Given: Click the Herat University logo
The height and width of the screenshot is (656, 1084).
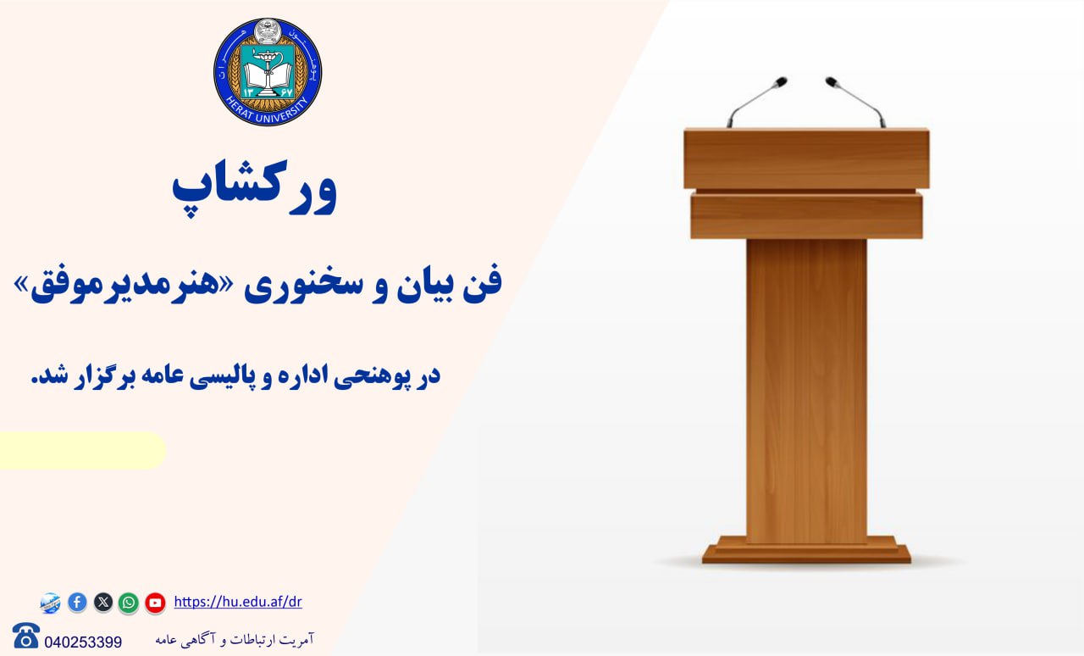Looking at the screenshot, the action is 268,72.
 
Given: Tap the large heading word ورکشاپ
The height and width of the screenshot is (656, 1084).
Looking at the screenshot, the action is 255,188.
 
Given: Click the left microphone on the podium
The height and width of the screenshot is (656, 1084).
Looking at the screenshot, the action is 756,102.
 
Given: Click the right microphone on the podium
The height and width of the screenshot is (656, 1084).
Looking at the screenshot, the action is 855,102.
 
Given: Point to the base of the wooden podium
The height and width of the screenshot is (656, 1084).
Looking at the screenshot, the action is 807,550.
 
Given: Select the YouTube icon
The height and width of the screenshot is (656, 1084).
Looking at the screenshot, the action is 155,603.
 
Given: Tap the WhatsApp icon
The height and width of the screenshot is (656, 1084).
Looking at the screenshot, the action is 129,603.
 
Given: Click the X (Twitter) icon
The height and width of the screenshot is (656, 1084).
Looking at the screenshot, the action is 103,603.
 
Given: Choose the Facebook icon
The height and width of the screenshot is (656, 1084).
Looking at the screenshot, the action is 77,603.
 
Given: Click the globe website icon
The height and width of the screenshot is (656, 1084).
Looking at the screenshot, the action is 50,603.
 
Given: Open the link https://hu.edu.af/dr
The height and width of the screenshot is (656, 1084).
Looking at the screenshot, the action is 238,602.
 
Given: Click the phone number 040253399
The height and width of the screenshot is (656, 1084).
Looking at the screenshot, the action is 83,642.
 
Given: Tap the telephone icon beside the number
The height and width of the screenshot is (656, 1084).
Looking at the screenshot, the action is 26,635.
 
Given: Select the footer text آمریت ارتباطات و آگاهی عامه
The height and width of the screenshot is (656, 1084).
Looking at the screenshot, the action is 235,640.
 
